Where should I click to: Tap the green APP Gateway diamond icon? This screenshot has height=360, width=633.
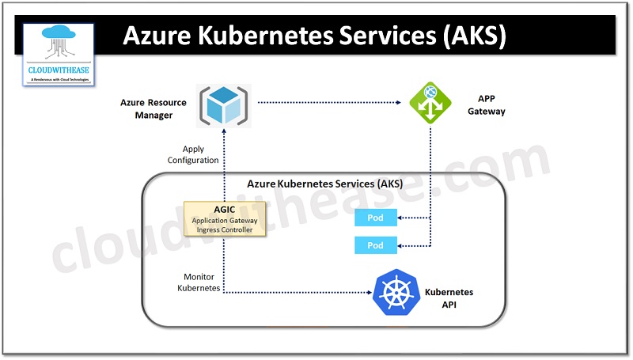click(430, 104)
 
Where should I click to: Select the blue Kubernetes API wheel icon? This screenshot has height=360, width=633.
click(396, 292)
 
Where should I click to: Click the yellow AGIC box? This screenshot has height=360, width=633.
click(224, 219)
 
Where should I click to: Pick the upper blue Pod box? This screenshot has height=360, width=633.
click(375, 218)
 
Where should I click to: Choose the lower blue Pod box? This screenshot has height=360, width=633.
click(375, 245)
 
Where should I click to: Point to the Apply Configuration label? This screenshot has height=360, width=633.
click(193, 154)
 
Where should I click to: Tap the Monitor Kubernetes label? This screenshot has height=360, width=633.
click(198, 282)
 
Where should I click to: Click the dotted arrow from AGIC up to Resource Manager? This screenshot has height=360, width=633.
click(224, 166)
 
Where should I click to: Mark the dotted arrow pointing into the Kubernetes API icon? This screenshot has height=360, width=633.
click(316, 292)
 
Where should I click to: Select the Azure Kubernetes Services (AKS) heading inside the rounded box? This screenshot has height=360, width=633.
click(324, 184)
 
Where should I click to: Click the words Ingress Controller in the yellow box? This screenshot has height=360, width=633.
click(224, 230)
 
